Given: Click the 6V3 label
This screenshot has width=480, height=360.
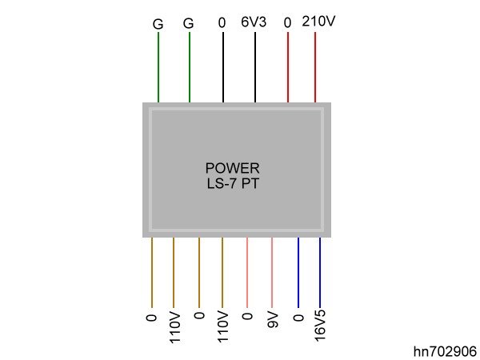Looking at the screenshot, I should point(254,22).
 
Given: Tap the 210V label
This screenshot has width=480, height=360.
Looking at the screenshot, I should point(318,22).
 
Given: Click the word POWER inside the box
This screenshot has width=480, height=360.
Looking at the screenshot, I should point(232,168).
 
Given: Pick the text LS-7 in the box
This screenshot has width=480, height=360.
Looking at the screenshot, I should point(222,183).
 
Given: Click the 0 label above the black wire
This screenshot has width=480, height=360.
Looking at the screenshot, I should point(222,23).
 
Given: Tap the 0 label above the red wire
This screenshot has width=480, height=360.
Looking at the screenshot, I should point(287,23).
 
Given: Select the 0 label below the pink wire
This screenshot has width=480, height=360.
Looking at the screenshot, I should point(246,318).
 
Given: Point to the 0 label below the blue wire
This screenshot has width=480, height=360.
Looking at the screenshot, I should point(298,318).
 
